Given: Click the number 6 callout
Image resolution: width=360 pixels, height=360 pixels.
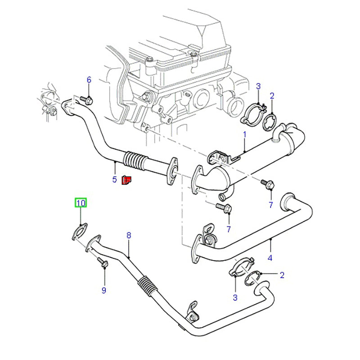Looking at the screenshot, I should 89,80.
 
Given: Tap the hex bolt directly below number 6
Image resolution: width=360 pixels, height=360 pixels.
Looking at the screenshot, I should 87,99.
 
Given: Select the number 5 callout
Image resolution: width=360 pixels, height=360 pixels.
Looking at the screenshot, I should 115,179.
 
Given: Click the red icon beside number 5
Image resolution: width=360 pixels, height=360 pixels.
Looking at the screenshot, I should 127,180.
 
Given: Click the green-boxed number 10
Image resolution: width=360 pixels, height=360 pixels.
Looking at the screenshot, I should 81,203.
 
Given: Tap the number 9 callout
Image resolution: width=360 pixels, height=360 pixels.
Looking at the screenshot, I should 103,290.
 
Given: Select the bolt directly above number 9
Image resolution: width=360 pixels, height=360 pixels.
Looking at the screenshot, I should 102,264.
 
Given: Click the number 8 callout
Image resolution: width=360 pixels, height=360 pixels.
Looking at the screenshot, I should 129,235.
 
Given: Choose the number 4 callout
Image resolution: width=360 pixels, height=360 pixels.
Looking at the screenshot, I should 270,257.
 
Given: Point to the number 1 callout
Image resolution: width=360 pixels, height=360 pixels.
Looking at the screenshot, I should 245,134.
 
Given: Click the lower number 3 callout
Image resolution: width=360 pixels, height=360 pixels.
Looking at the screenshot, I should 234,297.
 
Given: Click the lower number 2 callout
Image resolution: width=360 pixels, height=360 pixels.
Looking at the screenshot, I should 282,275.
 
